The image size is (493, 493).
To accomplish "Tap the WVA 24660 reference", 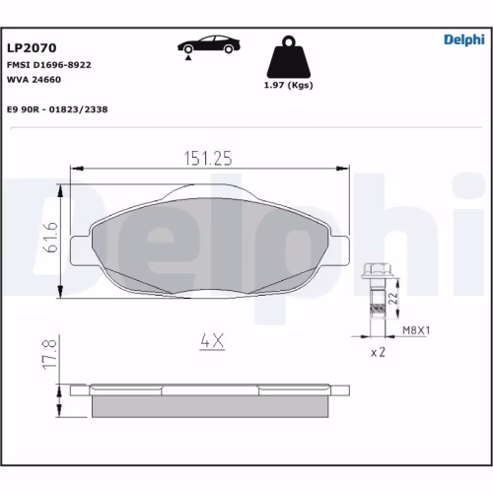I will tap(35, 78).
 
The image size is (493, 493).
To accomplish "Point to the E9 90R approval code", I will tap(57, 109).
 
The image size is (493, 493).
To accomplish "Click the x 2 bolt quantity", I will tap(376, 352).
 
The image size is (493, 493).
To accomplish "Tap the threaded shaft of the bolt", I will tap(375, 302).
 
